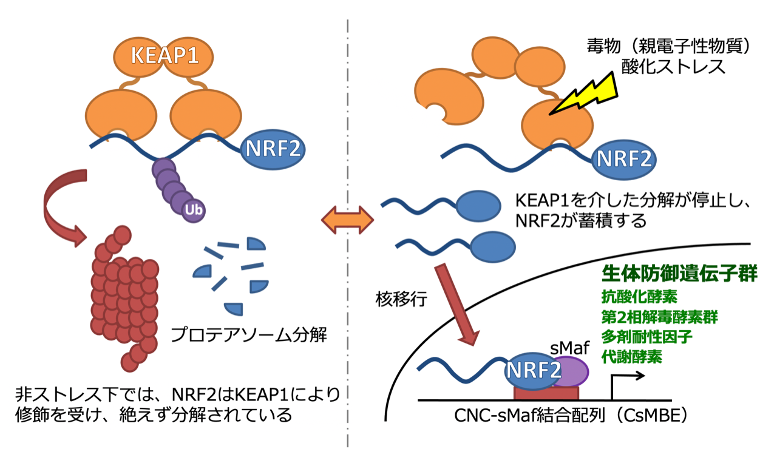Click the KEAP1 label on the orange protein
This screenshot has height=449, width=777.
(165, 55)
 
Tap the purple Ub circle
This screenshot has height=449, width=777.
(194, 210)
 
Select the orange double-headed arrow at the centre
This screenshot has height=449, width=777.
(347, 220)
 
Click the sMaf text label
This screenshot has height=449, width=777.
(569, 348)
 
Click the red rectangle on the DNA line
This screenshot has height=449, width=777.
(546, 393)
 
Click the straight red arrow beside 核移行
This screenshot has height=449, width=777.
(457, 305)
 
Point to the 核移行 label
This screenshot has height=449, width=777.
(401, 299)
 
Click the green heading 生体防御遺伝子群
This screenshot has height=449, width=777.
(679, 274)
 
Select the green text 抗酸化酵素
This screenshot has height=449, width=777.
(639, 297)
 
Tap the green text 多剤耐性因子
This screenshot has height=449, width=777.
(646, 337)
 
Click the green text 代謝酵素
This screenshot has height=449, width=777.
(631, 357)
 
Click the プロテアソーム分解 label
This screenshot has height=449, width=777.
(249, 335)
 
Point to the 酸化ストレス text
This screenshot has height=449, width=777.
(673, 67)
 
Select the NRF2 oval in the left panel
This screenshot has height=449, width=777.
(273, 149)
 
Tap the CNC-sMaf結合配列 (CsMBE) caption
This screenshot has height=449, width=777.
(571, 415)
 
